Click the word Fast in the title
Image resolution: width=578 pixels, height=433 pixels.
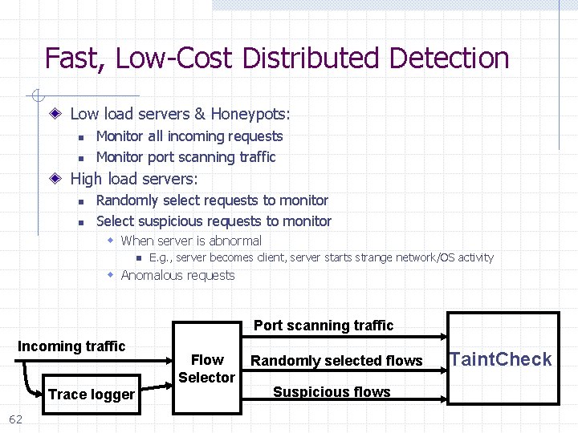76,59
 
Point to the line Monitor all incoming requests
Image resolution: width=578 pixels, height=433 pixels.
189,136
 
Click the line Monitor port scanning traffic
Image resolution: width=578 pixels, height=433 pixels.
185,157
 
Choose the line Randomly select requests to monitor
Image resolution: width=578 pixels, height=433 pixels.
212,200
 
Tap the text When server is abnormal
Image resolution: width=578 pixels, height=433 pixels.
191,241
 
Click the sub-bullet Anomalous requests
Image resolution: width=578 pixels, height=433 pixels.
177,276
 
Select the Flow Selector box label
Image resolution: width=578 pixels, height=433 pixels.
207,368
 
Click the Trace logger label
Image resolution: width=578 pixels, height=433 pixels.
92,395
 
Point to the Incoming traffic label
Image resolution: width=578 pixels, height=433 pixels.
71,346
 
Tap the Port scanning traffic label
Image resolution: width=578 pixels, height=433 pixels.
324,326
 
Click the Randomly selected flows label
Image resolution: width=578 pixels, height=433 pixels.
336,361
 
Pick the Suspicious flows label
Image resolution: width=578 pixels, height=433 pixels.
332,392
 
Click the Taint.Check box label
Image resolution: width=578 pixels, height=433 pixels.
501,359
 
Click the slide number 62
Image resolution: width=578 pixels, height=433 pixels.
15,419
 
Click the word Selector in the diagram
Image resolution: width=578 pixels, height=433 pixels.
207,377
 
